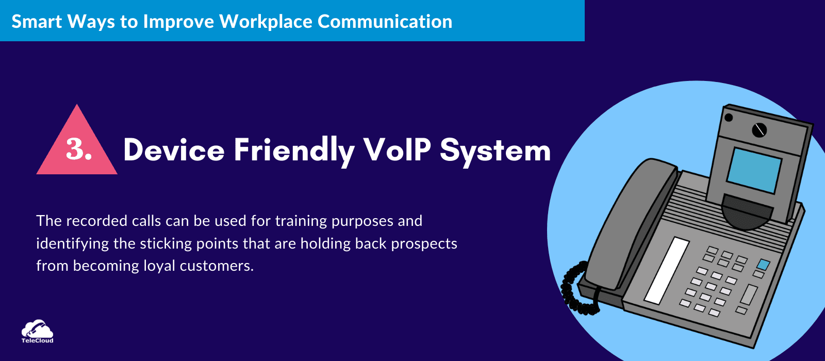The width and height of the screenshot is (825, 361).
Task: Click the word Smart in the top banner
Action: (x=37, y=21)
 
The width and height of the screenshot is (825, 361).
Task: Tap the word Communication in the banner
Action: (x=385, y=21)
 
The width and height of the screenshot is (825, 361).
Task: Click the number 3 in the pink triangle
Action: (x=75, y=149)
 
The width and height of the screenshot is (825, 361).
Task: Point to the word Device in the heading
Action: (x=174, y=150)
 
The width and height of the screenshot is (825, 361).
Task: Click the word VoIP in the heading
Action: (x=397, y=150)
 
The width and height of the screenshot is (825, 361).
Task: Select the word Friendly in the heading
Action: (x=294, y=152)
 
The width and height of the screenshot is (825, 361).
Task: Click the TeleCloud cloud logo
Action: (x=37, y=331)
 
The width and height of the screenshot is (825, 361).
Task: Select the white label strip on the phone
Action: (x=667, y=270)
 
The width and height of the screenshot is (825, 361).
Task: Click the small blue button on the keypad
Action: (x=763, y=264)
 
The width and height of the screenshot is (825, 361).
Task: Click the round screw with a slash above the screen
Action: (x=759, y=130)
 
